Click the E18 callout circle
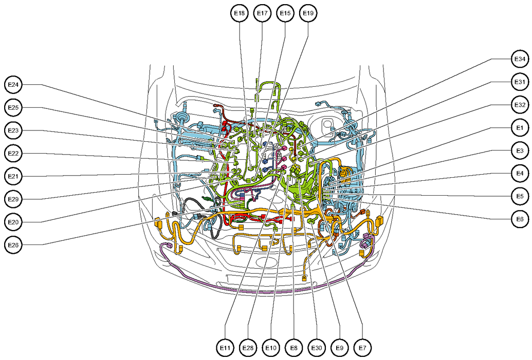pyautogui.click(x=240, y=13)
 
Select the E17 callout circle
pyautogui.click(x=262, y=13)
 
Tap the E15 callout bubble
pyautogui.click(x=285, y=13)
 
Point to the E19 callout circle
pyautogui.click(x=308, y=13)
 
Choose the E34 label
pyautogui.click(x=520, y=59)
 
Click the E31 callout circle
pyautogui.click(x=520, y=82)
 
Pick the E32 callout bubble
pyautogui.click(x=520, y=105)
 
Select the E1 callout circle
pyautogui.click(x=520, y=128)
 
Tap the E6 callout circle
pyautogui.click(x=520, y=219)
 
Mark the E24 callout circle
pyautogui.click(x=13, y=85)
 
